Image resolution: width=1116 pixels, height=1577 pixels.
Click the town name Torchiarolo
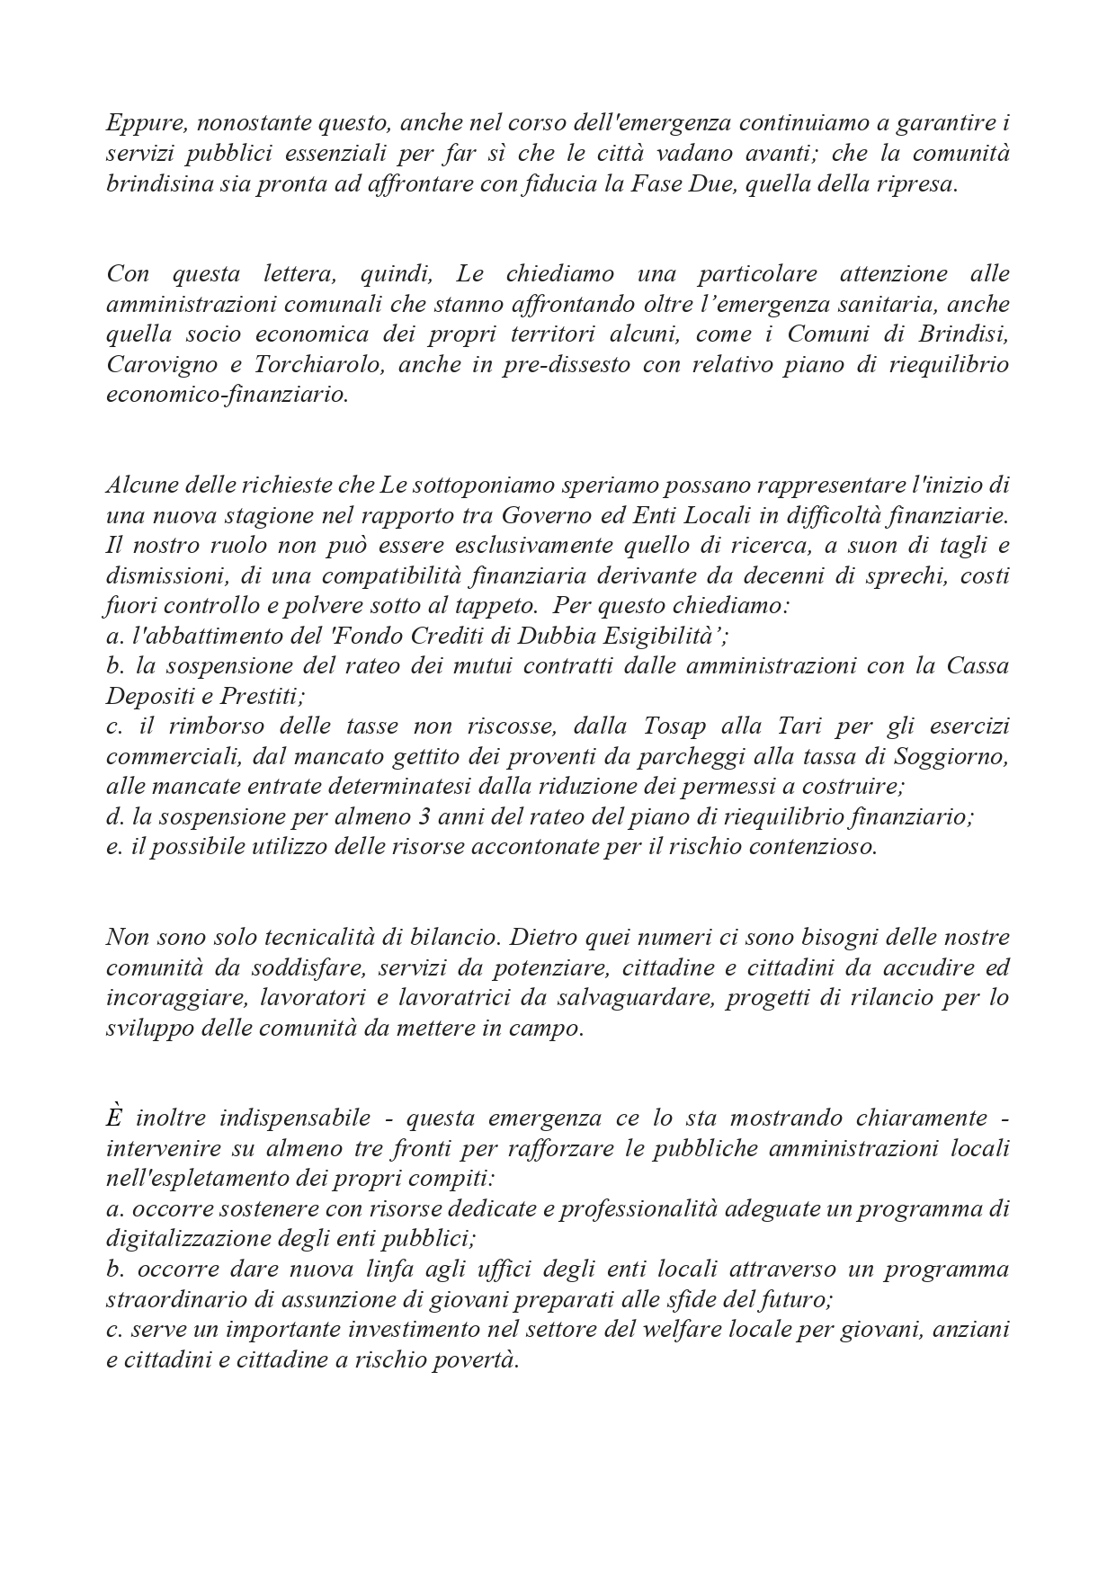(316, 365)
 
